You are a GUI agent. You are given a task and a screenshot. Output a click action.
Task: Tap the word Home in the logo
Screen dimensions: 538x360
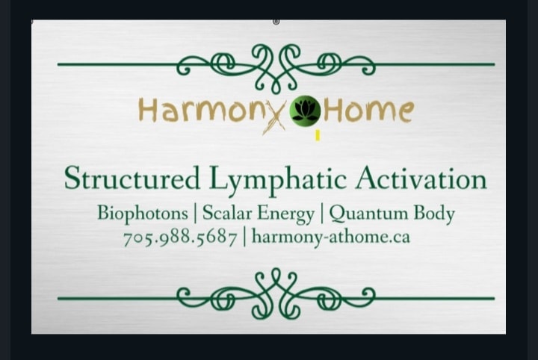point(368,111)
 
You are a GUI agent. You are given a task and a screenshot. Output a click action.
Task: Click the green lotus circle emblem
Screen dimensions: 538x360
point(305,109)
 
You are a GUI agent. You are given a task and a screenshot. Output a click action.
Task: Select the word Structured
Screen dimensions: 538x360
point(132,178)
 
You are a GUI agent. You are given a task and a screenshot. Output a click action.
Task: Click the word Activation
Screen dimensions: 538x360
point(421,179)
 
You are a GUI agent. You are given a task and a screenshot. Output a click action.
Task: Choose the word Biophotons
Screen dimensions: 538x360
point(143,214)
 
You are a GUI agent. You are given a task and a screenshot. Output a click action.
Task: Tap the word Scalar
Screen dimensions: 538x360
point(227,213)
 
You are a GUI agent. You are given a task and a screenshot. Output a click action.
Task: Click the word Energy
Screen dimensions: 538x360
point(285,214)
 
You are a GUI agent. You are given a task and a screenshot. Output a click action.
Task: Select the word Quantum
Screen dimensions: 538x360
point(368,214)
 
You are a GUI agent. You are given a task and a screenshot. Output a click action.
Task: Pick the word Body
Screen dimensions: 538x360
point(434,214)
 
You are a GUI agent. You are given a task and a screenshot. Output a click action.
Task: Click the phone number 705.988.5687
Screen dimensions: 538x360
point(180,238)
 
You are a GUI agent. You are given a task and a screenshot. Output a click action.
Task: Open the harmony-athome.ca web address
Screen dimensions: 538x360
point(331,237)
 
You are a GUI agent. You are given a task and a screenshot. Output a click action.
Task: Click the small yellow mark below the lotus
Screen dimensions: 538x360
point(318,135)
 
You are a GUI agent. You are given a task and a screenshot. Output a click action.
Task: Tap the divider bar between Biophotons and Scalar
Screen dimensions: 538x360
point(195,214)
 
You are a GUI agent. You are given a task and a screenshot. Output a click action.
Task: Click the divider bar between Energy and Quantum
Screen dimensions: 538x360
point(322,214)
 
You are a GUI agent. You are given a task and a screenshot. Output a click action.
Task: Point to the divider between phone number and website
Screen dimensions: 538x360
point(244,238)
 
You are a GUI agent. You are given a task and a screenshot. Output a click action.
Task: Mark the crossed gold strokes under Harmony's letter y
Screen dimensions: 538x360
point(274,123)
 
